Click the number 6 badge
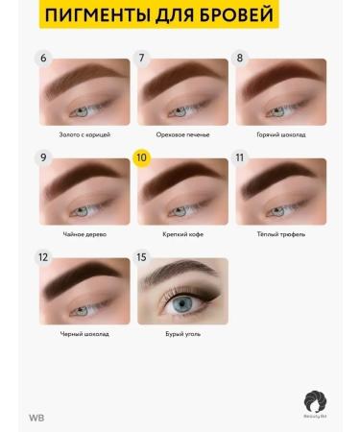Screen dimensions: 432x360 point(43,58)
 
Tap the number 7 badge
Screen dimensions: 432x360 point(141,58)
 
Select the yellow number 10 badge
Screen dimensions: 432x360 point(141,157)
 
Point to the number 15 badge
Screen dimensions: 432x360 point(141,257)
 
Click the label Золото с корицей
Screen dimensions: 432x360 point(84,134)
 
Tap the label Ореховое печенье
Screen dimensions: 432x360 point(182,134)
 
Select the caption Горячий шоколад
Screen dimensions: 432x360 point(280,134)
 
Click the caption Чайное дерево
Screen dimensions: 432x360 point(84,234)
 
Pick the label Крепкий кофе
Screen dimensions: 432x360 point(182,234)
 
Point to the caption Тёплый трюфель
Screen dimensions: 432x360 point(280,234)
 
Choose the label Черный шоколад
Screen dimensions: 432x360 point(84,334)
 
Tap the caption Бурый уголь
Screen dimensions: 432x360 point(182,334)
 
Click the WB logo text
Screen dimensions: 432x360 point(36,418)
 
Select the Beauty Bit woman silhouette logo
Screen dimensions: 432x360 point(317,402)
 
